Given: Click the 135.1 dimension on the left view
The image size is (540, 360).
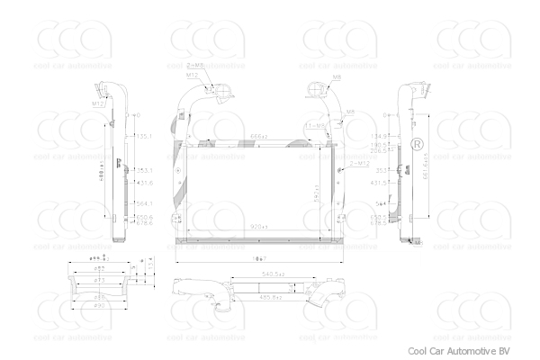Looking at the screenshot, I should (x=143, y=136).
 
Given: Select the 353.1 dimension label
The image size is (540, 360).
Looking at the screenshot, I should (x=143, y=169).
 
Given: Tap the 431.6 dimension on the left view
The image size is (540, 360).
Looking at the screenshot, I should (x=143, y=183).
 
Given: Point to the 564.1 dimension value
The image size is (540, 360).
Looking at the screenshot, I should (x=143, y=202).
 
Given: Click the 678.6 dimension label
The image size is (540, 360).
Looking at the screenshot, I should (x=143, y=222).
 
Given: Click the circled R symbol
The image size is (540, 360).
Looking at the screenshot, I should (x=418, y=145).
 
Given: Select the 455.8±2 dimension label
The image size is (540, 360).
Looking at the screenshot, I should (x=271, y=296).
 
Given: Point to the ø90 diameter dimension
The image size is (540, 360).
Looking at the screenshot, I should (x=101, y=305).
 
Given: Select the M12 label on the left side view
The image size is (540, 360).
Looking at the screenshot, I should (x=98, y=105).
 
